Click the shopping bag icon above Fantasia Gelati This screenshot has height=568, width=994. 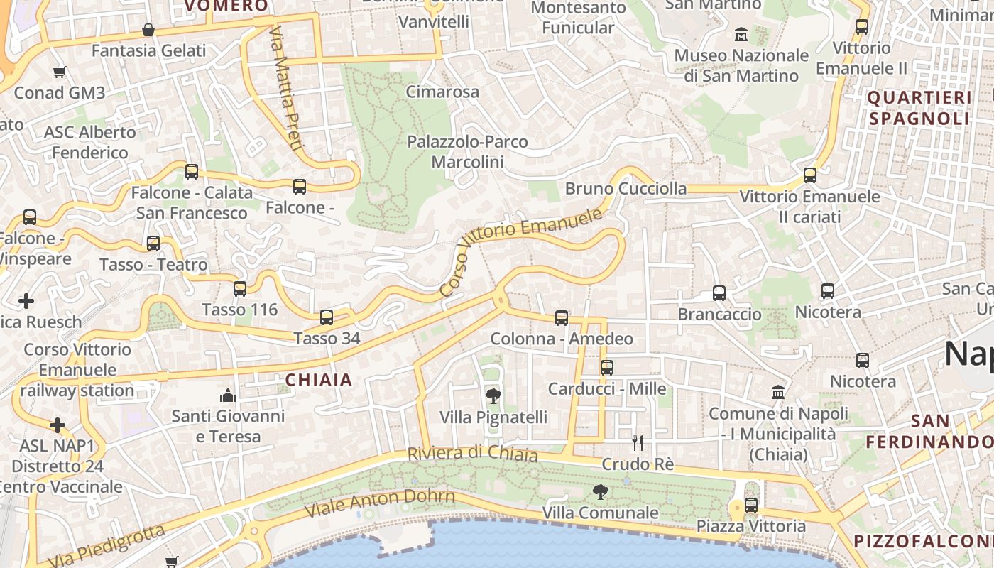148,30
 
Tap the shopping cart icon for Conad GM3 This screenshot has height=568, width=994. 60,72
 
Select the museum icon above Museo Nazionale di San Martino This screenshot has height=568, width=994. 741,34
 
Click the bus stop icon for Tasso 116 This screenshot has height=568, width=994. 240,289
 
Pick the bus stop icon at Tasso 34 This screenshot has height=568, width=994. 327,317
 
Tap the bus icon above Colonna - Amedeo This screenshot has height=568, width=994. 562,318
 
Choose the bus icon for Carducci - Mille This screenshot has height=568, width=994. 607,368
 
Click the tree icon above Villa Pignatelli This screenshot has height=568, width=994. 493,396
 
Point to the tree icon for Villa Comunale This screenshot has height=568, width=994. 601,491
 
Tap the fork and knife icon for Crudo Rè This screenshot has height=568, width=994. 638,443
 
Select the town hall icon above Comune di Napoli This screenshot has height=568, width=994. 778,392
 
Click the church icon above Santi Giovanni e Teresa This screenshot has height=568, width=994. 228,395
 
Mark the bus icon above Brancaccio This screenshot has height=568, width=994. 719,293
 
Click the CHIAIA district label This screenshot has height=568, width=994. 319,380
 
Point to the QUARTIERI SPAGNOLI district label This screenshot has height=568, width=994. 919,107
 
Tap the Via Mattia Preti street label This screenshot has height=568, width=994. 286,89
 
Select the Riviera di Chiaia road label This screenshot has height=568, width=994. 472,454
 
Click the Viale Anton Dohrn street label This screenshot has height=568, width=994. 379,502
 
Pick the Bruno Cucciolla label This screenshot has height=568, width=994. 626,189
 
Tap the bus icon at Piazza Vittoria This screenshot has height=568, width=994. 751,506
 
